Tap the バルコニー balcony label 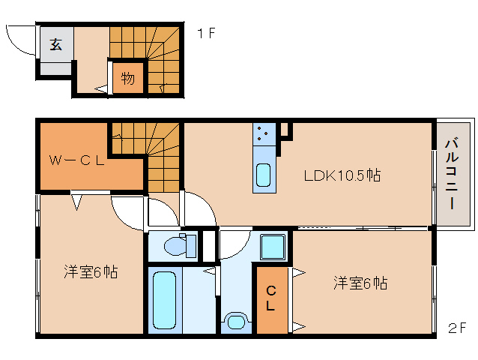452,173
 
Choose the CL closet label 270,298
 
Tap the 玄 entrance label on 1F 56,44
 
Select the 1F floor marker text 207,34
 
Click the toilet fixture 177,245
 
